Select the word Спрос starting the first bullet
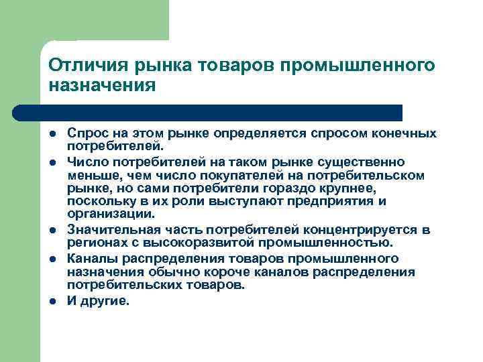pyautogui.click(x=85, y=134)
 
